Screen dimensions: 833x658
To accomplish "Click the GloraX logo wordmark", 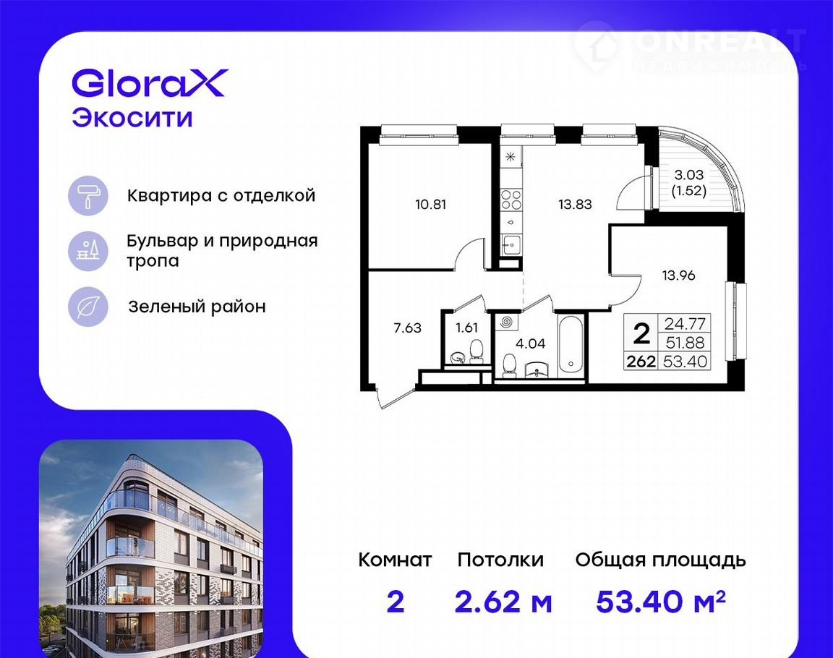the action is [x=150, y=83].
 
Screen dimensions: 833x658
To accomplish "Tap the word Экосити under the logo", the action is [x=132, y=118].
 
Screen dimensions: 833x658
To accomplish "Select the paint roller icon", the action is [x=88, y=195].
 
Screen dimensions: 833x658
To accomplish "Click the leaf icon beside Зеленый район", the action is [x=88, y=307].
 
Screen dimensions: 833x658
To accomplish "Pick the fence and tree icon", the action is [x=88, y=251].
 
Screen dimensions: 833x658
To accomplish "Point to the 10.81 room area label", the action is [x=430, y=205].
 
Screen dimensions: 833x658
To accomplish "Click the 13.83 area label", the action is [x=575, y=205].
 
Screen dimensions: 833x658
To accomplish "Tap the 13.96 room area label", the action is [x=678, y=275].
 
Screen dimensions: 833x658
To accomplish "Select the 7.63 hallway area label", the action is [x=408, y=328].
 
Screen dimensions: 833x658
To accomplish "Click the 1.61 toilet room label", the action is [x=466, y=328].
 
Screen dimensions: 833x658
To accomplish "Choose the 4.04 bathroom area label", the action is [x=530, y=343].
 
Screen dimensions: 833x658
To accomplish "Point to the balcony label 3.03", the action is [x=688, y=174].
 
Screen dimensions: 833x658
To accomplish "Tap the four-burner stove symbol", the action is [x=511, y=200].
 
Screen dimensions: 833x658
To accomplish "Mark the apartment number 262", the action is [x=641, y=362].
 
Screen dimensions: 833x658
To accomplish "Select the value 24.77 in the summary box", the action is [x=685, y=323].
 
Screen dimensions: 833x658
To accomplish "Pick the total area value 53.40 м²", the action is [x=661, y=601].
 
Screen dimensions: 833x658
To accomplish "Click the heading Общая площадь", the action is [x=661, y=561].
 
